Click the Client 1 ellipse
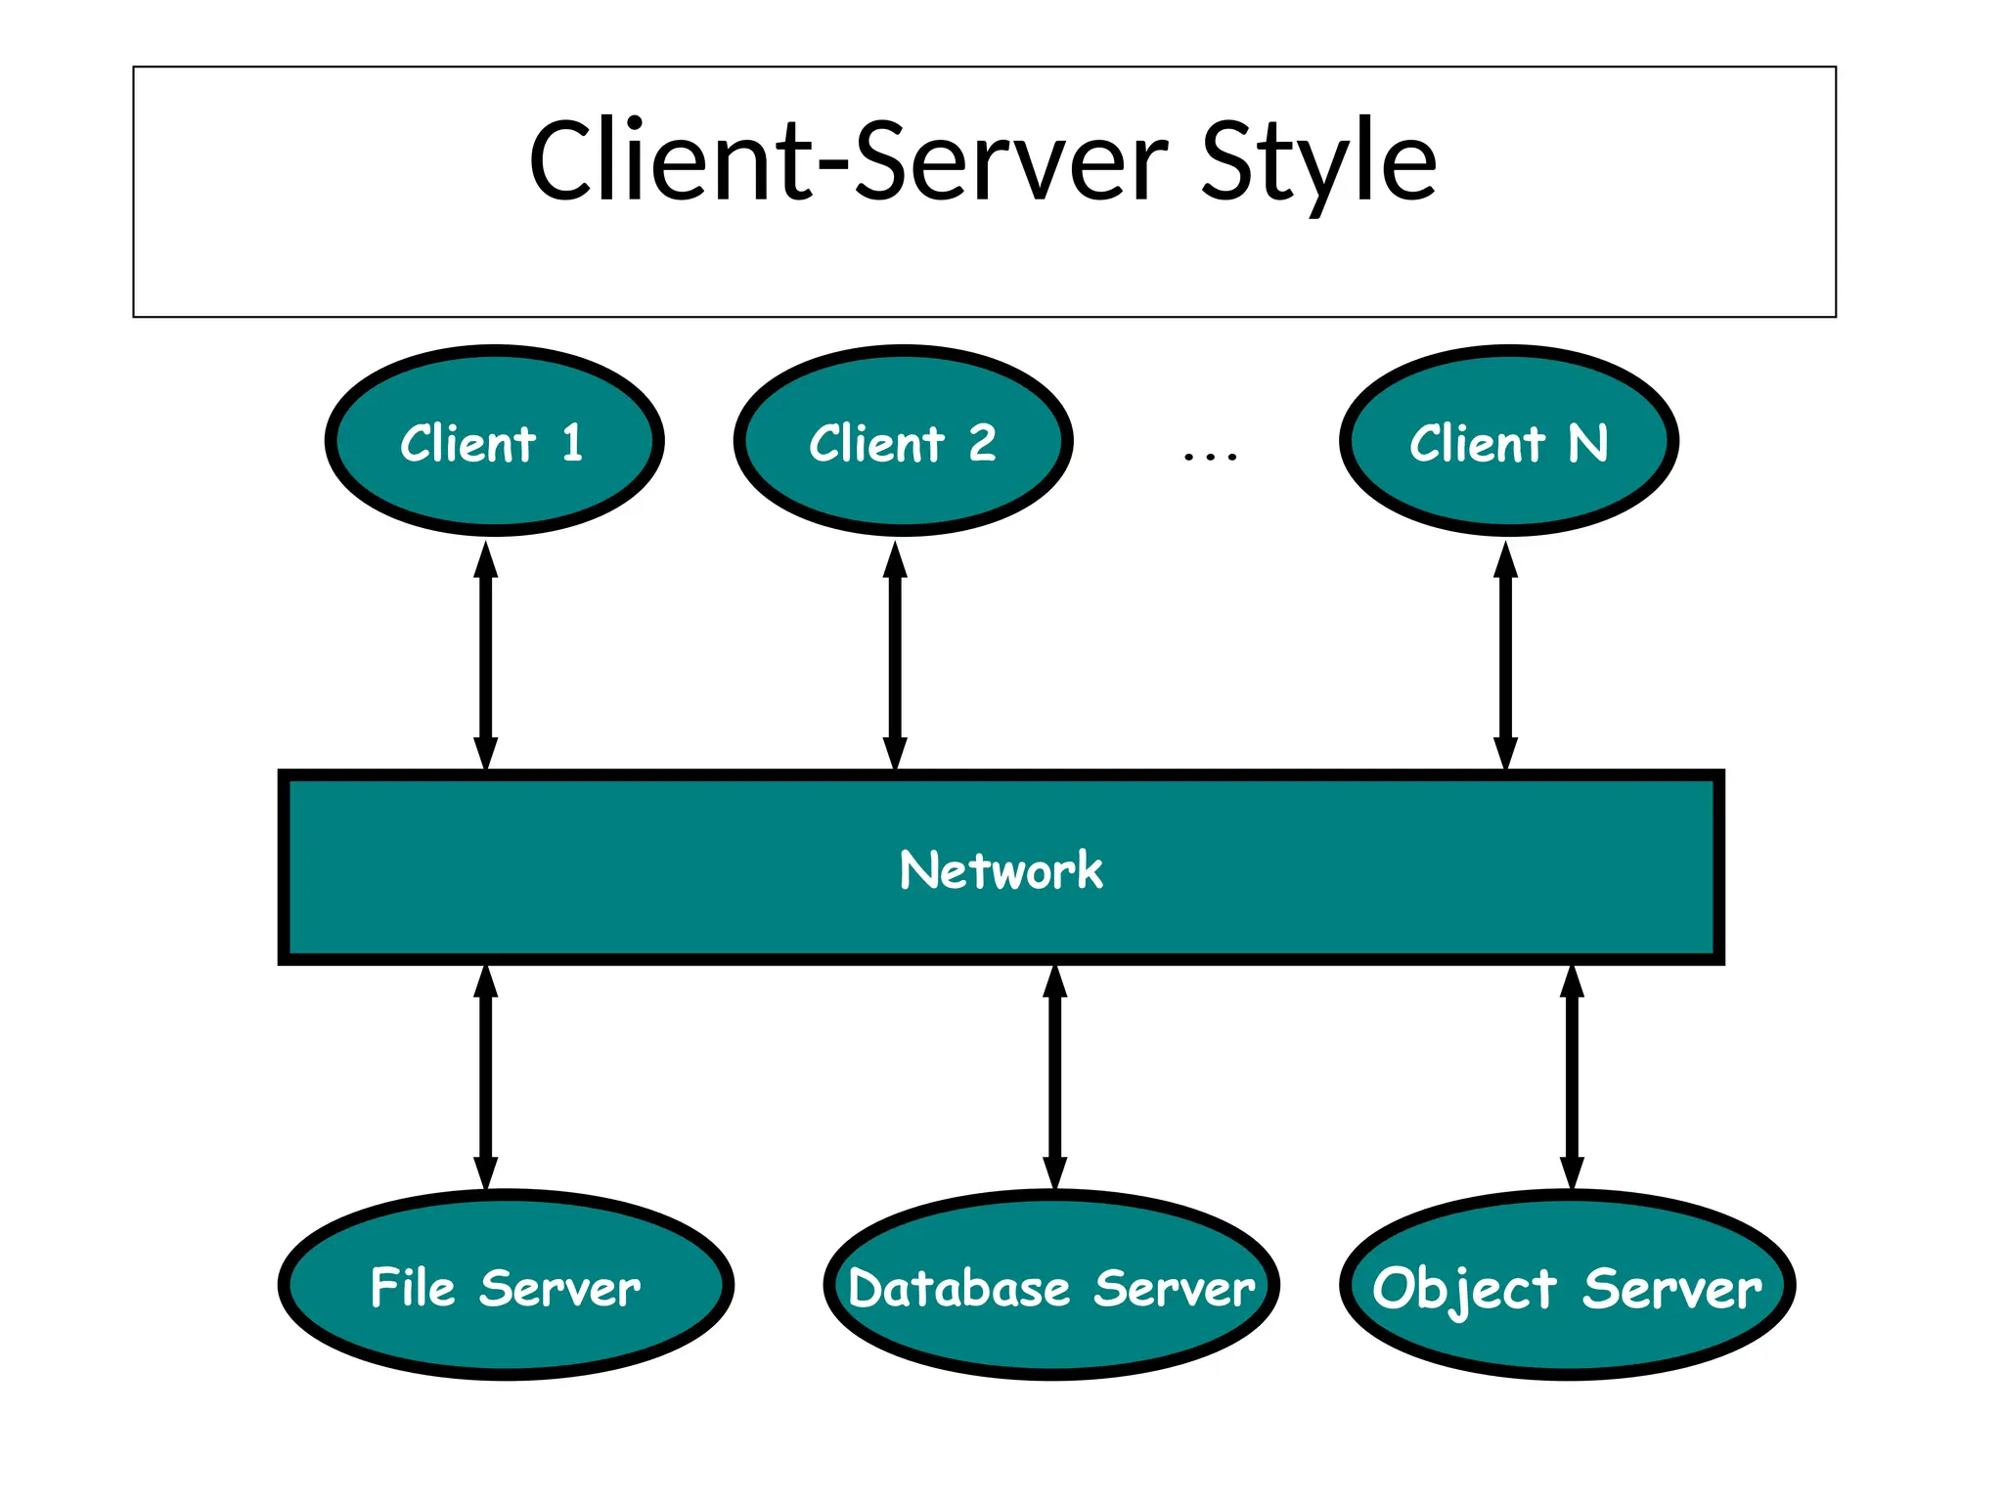[x=494, y=440]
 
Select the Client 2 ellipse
[x=903, y=440]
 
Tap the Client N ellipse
[x=1508, y=440]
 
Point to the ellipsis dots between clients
[x=1210, y=456]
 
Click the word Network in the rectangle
[x=1001, y=869]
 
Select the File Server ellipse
[x=506, y=1285]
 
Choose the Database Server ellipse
[x=1051, y=1285]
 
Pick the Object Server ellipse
[x=1567, y=1285]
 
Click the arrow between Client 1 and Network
[x=485, y=655]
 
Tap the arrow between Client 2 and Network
[x=895, y=655]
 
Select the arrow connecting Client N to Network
[x=1506, y=655]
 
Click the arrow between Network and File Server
[x=485, y=1077]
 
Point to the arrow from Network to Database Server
[x=1054, y=1077]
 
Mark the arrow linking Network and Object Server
[x=1572, y=1077]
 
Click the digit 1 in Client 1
[x=572, y=442]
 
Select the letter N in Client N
[x=1588, y=443]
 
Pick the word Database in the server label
[x=958, y=1288]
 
